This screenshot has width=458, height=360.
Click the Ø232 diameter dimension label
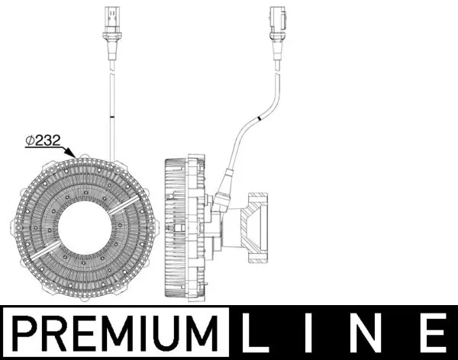44,141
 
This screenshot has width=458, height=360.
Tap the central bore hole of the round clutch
83,230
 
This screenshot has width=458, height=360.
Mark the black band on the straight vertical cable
111,117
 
